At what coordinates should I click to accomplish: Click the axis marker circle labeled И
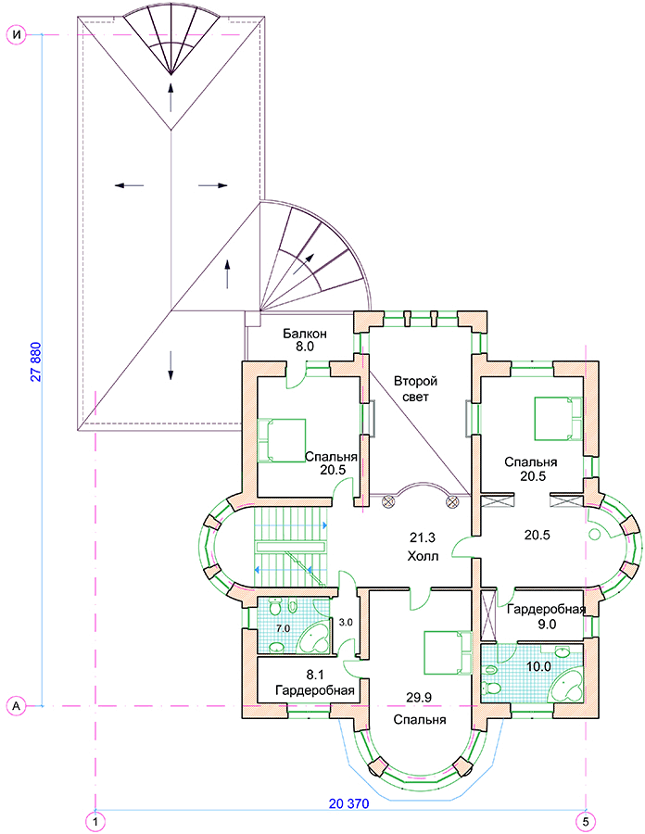[16, 35]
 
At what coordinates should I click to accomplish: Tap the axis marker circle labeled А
[16, 706]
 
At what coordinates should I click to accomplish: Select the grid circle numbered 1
[95, 821]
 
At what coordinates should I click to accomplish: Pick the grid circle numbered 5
[586, 821]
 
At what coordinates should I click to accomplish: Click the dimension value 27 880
[35, 361]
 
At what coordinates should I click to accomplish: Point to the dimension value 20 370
[348, 803]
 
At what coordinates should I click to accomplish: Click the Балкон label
[305, 334]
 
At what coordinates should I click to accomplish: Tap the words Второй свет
[415, 389]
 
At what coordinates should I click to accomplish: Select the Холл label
[423, 556]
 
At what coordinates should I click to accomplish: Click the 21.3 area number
[423, 537]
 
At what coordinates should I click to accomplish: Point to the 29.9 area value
[419, 697]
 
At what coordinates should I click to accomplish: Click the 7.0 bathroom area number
[284, 628]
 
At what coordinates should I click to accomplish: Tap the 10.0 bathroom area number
[538, 666]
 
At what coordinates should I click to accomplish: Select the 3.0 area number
[346, 622]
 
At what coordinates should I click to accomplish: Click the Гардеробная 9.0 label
[546, 616]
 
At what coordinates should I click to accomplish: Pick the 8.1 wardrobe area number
[315, 675]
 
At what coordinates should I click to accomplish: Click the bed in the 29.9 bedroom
[448, 652]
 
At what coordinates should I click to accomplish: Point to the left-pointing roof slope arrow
[129, 185]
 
